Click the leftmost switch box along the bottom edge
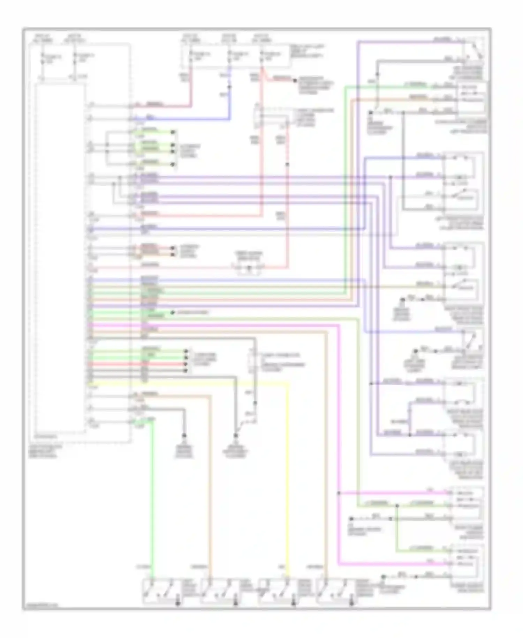(160, 591)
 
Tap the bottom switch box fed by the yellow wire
(276, 591)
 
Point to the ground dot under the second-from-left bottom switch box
(235, 603)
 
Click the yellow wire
(289, 471)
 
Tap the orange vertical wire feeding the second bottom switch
(211, 489)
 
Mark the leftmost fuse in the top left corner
(43, 58)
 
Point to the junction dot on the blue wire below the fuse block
(229, 86)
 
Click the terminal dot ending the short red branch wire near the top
(295, 81)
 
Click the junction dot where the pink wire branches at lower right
(339, 493)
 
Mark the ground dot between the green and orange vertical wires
(184, 436)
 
